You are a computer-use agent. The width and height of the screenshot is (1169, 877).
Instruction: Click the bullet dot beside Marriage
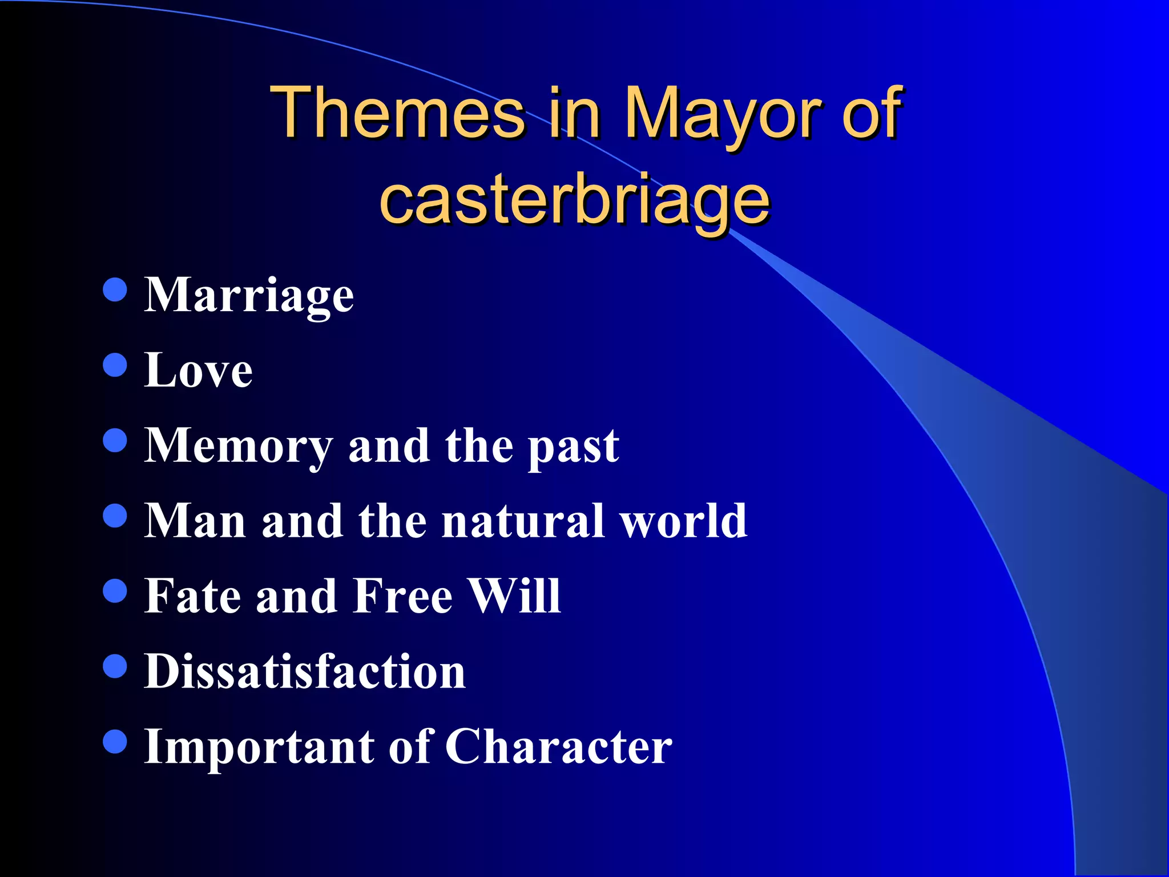coord(115,290)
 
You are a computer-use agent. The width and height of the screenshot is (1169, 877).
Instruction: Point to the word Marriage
coord(249,296)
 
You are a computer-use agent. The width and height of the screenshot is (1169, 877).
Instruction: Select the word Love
coord(198,371)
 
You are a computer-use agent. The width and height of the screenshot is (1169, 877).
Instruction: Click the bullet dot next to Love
coord(115,365)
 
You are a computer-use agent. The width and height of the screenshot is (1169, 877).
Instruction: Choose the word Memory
coord(239,446)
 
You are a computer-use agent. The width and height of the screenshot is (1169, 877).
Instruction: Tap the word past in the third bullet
coord(573,447)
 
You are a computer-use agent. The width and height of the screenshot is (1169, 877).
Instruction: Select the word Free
coord(403,596)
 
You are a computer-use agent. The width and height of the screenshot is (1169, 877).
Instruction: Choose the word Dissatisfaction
coord(305,671)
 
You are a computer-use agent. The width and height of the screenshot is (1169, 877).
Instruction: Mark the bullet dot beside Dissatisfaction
coord(115,666)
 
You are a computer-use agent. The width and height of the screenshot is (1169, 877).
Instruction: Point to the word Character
coord(558,747)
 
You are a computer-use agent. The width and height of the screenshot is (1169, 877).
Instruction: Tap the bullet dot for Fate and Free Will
coord(115,591)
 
